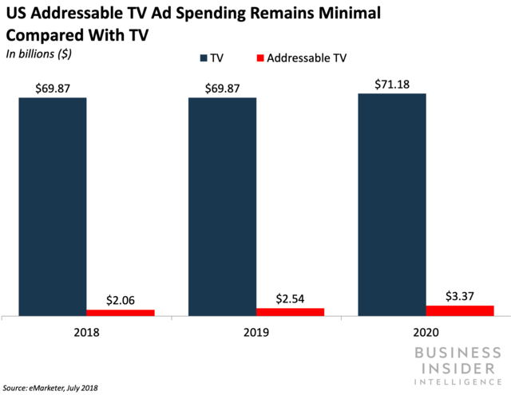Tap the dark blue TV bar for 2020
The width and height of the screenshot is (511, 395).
coord(391,204)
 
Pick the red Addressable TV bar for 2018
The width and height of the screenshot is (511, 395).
coord(121,312)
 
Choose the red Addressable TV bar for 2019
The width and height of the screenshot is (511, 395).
coord(290,311)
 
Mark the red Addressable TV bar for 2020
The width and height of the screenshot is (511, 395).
coord(459,310)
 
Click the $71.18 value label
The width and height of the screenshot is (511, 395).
coord(391,83)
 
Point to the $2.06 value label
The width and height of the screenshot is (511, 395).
coord(121,299)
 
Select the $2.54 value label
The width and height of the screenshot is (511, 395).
coord(290,298)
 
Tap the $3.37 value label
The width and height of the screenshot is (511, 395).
coord(459,295)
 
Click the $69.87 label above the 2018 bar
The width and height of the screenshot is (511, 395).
coord(53,88)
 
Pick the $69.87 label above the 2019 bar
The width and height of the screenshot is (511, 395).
coord(222,88)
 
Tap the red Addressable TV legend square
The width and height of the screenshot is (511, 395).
coord(259,57)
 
